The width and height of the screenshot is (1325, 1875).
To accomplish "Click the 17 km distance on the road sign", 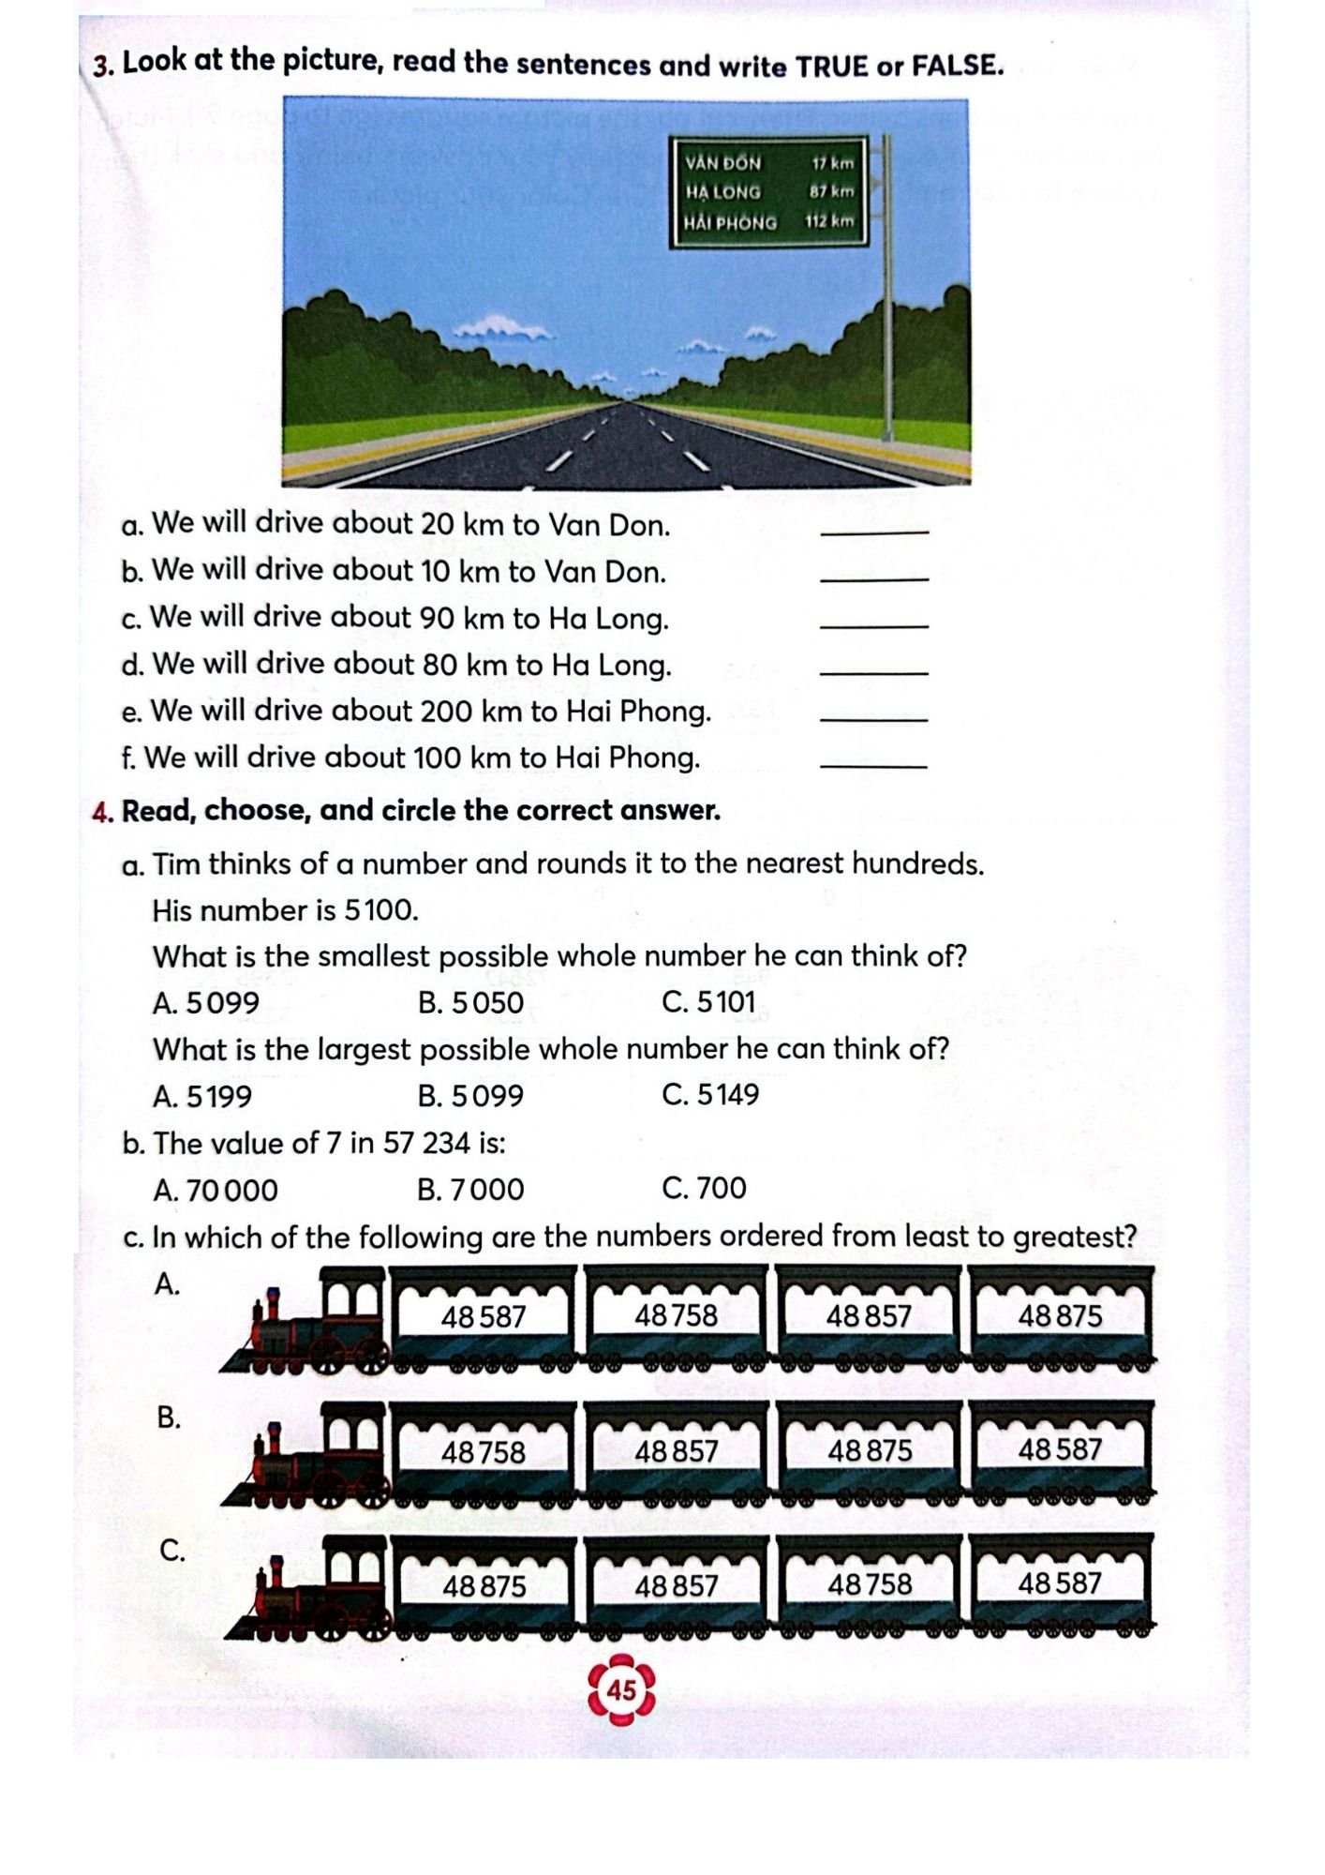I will [x=833, y=163].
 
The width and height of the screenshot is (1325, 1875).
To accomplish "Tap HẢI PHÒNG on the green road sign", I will [x=730, y=223].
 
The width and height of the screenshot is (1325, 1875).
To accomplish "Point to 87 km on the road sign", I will [x=832, y=191].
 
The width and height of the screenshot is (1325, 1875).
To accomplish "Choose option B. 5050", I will [x=470, y=1003].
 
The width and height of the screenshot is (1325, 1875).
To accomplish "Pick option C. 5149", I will [x=710, y=1095].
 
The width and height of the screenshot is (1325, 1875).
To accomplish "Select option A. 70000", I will [x=216, y=1191].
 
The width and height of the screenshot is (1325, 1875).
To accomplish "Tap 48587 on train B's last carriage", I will [x=1060, y=1450].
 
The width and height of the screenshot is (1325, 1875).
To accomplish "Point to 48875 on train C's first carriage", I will [x=484, y=1587].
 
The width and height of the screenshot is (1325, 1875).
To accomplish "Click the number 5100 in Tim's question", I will [x=380, y=910].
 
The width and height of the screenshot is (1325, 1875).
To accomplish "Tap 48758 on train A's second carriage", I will [x=676, y=1316].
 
